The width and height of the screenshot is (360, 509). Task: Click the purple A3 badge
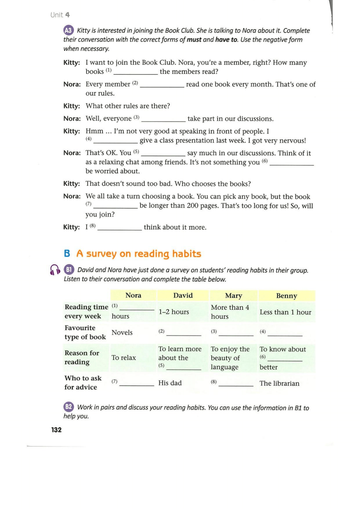click(68, 30)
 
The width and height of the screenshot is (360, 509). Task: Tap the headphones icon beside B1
click(55, 270)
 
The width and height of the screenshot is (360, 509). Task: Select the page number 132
click(56, 430)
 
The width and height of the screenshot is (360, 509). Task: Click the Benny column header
click(286, 296)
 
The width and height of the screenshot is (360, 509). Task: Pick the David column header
click(183, 295)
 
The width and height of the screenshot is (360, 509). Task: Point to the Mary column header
click(233, 296)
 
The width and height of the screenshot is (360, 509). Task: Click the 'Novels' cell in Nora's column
click(122, 332)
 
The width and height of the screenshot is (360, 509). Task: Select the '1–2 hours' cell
click(174, 312)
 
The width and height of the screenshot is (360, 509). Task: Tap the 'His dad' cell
click(170, 383)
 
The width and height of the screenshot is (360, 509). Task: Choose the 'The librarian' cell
click(279, 383)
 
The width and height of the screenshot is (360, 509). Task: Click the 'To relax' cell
click(124, 358)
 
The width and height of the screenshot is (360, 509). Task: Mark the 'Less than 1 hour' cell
click(285, 312)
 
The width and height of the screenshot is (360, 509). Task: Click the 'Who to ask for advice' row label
click(83, 382)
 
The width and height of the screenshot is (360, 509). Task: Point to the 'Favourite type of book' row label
click(85, 332)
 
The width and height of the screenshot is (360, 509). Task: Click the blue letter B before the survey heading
click(67, 253)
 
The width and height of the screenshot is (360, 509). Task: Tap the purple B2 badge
click(69, 407)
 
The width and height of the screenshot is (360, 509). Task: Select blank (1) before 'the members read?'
click(136, 72)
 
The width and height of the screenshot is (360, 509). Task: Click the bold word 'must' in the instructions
click(194, 40)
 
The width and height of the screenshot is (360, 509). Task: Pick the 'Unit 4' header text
click(60, 15)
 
